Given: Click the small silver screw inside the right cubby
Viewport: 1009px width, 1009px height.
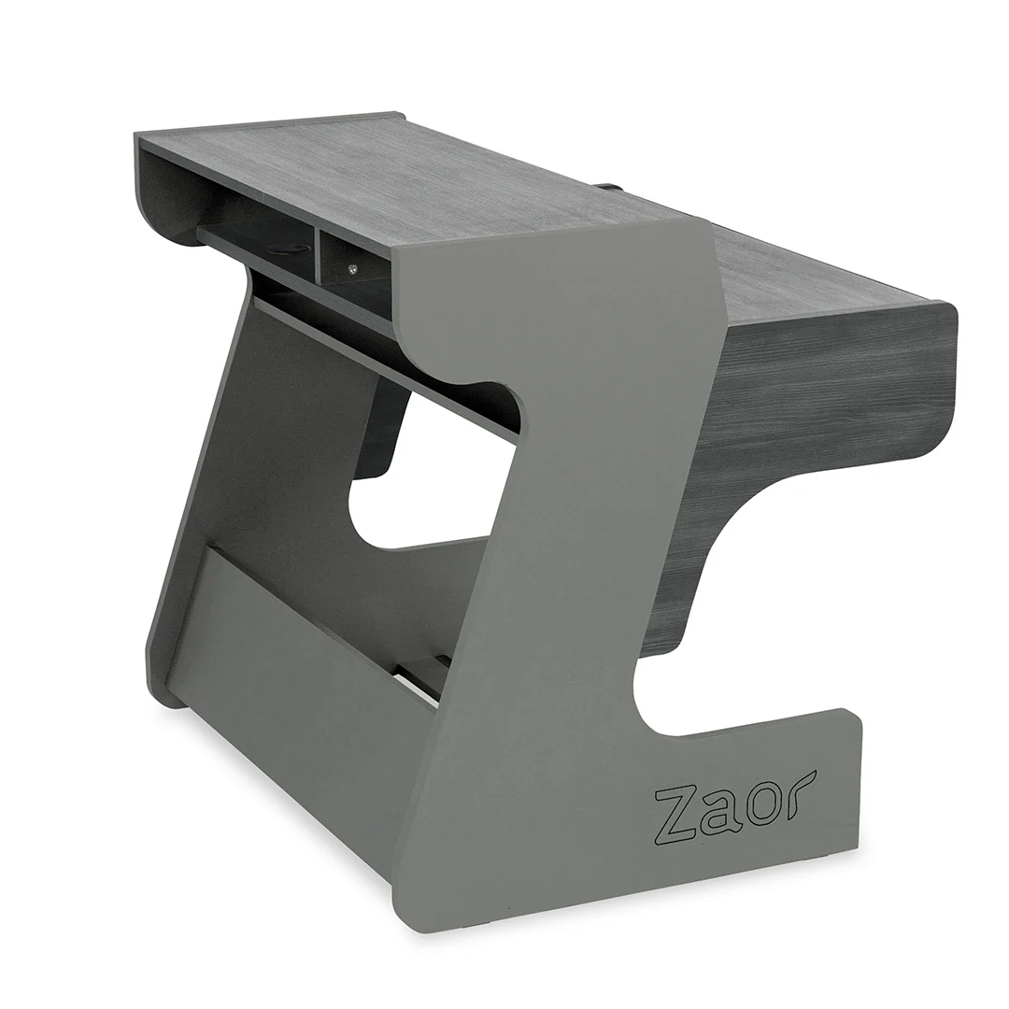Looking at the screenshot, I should [351, 269].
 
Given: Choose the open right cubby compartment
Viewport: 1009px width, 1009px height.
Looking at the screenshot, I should [360, 257].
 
